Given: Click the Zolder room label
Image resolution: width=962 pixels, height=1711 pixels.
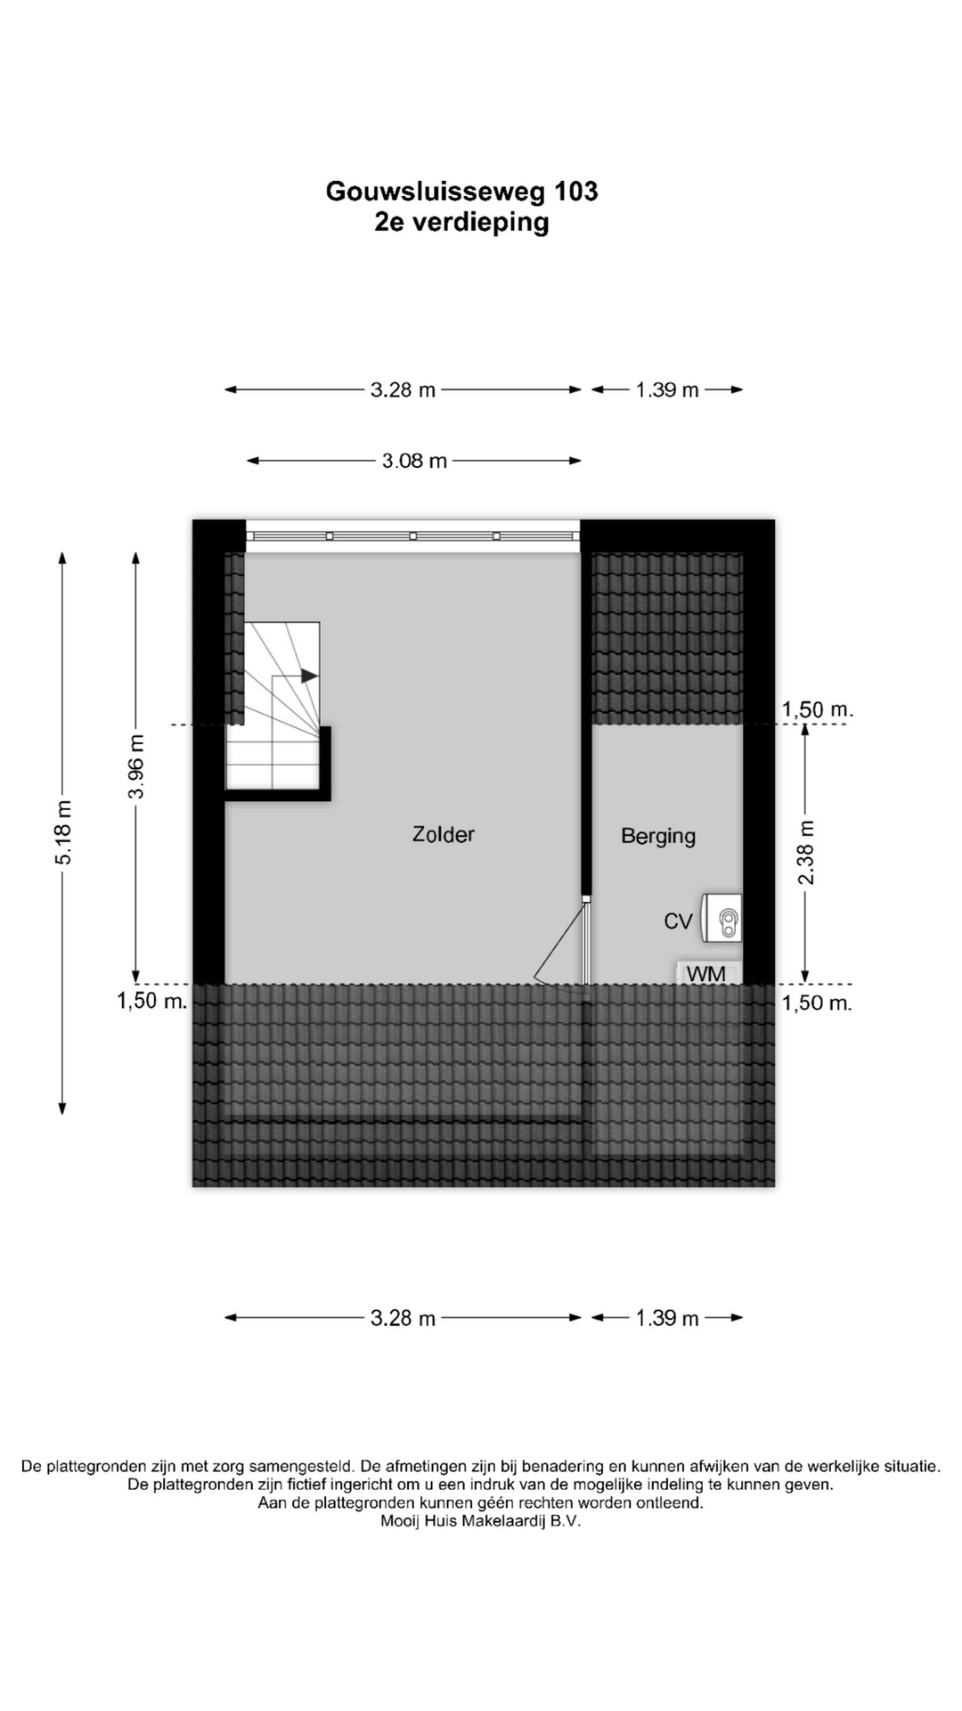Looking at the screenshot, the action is pos(443,835).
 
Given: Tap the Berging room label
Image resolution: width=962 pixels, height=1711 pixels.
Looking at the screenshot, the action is pos(658,836).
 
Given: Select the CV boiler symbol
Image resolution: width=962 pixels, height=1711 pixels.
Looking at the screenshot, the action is pos(721,918).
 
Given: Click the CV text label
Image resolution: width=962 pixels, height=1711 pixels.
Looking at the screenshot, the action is pos(678,921).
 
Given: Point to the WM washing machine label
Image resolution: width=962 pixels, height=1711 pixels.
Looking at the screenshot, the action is pos(706,974).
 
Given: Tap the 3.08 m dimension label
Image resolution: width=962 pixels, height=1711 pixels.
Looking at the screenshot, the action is pos(414,461).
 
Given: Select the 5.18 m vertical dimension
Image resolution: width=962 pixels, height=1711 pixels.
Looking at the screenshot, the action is pos(63,832).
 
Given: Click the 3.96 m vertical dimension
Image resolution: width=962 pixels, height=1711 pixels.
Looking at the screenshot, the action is pos(136,766).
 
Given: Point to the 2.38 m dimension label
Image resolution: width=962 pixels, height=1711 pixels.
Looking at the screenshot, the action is pos(805,853).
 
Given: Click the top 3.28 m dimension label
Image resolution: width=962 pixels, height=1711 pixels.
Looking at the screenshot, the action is pos(403,389).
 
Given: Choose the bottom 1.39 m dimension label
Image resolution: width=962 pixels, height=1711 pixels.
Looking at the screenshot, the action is pos(667,1318).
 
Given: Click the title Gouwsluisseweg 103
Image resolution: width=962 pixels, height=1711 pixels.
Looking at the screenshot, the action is pos(461,191).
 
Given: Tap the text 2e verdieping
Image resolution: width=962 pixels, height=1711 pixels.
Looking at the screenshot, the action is pos(461,222).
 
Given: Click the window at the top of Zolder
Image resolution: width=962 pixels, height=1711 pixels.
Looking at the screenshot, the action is pos(412,536).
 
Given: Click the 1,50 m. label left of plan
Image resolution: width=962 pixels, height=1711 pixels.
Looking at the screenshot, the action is pos(152,1001).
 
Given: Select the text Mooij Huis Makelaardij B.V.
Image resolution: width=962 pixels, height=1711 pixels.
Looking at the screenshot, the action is pos(480,1521).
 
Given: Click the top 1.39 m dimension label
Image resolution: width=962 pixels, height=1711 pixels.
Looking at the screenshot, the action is pos(667,389).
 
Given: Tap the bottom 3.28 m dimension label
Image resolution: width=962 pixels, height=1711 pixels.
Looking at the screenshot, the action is pos(403,1318).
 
